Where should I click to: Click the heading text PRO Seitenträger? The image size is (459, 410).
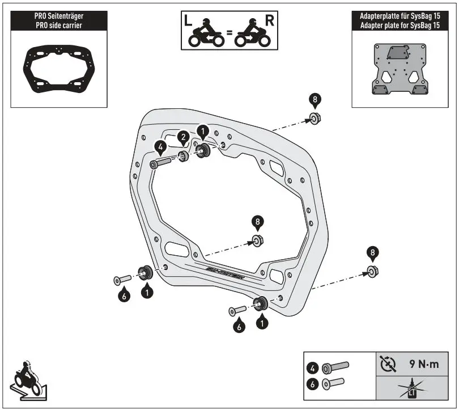click(58, 17)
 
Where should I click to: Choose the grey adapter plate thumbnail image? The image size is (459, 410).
click(400, 70)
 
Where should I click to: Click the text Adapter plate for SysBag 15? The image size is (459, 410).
click(400, 26)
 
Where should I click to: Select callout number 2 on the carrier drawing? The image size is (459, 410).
click(182, 137)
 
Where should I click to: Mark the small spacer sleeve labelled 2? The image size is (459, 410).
click(184, 157)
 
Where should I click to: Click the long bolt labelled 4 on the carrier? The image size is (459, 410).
click(161, 163)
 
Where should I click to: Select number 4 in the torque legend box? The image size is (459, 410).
click(312, 367)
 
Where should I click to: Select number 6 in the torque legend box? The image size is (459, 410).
click(312, 383)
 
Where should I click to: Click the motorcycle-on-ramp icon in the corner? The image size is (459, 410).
click(27, 380)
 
